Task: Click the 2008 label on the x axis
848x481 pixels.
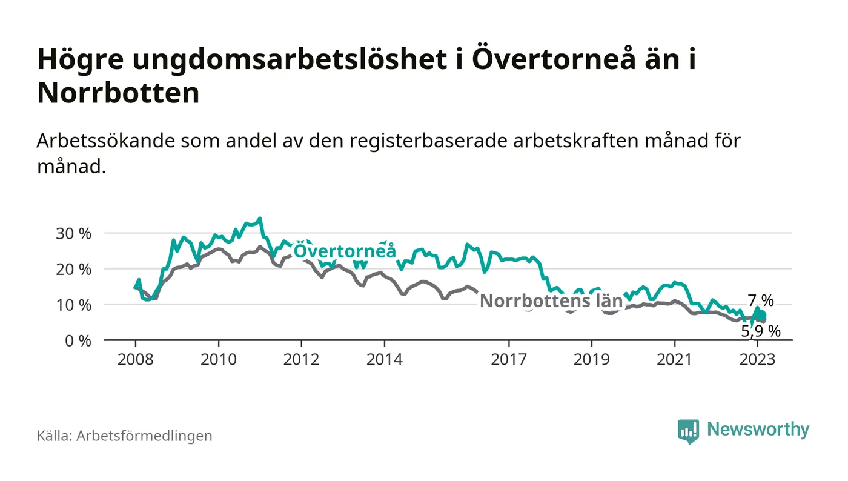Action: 135,359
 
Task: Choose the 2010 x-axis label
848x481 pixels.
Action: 218,359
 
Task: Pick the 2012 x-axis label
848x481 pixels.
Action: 301,359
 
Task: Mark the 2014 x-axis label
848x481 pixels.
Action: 384,359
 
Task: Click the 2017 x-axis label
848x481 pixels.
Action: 508,359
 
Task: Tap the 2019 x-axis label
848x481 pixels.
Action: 591,359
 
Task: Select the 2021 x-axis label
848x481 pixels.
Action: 674,359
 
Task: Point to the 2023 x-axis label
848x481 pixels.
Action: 757,359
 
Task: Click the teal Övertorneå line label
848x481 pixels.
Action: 345,251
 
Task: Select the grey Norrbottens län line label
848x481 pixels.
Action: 551,301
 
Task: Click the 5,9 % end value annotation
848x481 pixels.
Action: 761,331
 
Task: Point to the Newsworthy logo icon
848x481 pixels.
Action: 688,431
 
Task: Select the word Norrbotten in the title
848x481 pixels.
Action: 118,93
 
